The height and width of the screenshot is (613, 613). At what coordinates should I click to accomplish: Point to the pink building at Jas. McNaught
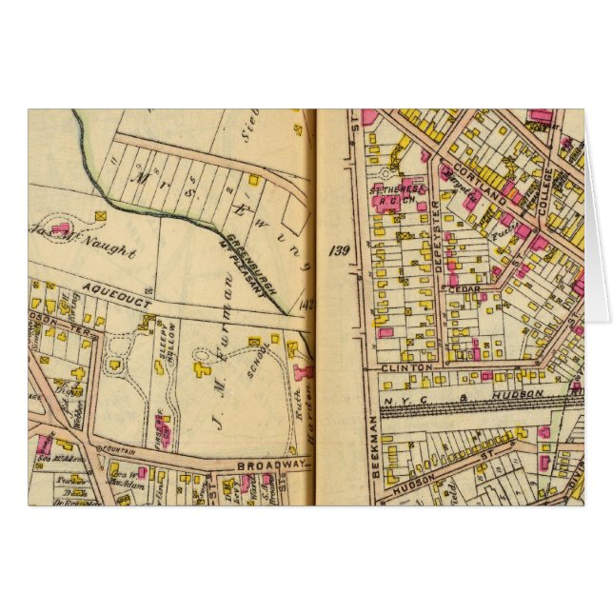pyautogui.click(x=62, y=228)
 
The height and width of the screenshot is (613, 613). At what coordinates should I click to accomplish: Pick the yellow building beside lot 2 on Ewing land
pyautogui.click(x=253, y=178)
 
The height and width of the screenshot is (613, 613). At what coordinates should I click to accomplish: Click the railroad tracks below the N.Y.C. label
pyautogui.click(x=476, y=408)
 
